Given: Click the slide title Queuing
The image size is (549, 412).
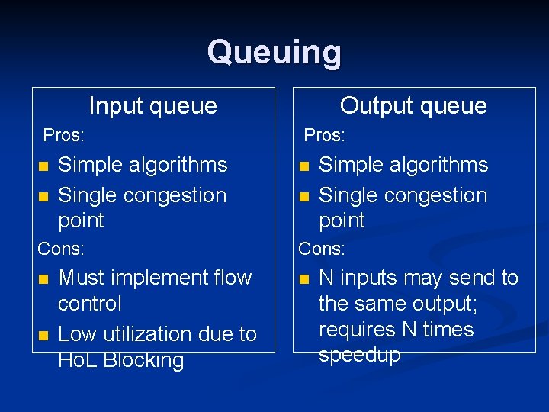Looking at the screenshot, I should click(274, 53).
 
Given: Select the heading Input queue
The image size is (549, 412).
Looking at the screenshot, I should click(152, 105).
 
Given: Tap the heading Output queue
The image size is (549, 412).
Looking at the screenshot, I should click(413, 105).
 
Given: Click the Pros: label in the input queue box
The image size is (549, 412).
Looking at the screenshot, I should click(64, 136).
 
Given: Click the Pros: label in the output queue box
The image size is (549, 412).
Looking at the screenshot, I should click(325, 136).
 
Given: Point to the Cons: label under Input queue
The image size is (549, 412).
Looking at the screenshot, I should click(62, 249).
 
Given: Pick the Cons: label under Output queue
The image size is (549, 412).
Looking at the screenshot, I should click(322, 249).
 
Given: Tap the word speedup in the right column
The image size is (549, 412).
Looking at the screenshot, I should click(359, 356).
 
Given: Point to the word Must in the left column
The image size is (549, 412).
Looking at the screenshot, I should click(80, 278).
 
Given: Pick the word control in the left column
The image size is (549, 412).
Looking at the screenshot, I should click(89, 304).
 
